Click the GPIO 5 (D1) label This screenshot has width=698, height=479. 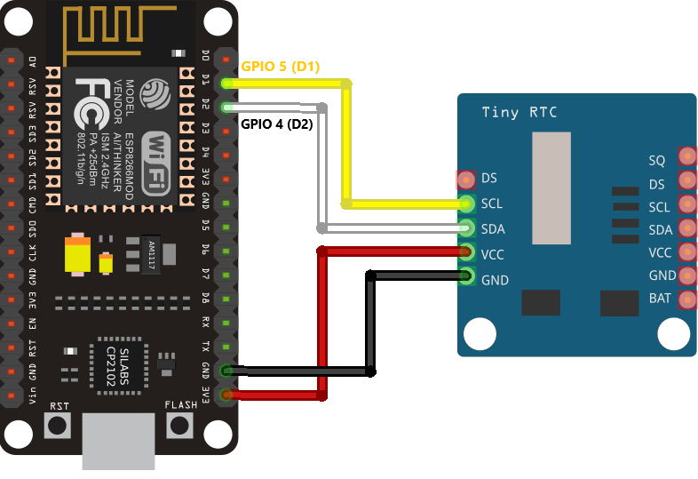coord(280,67)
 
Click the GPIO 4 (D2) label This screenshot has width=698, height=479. coord(277,124)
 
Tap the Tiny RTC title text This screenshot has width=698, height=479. coord(519,112)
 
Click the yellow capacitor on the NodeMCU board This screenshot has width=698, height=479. coord(78,254)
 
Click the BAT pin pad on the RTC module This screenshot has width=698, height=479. coord(686,299)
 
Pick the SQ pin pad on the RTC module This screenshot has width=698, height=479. coord(686,157)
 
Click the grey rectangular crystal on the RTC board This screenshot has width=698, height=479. coord(550,188)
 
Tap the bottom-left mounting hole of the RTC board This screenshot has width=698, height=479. coord(480,334)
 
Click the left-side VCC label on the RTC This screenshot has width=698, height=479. coord(493,254)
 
